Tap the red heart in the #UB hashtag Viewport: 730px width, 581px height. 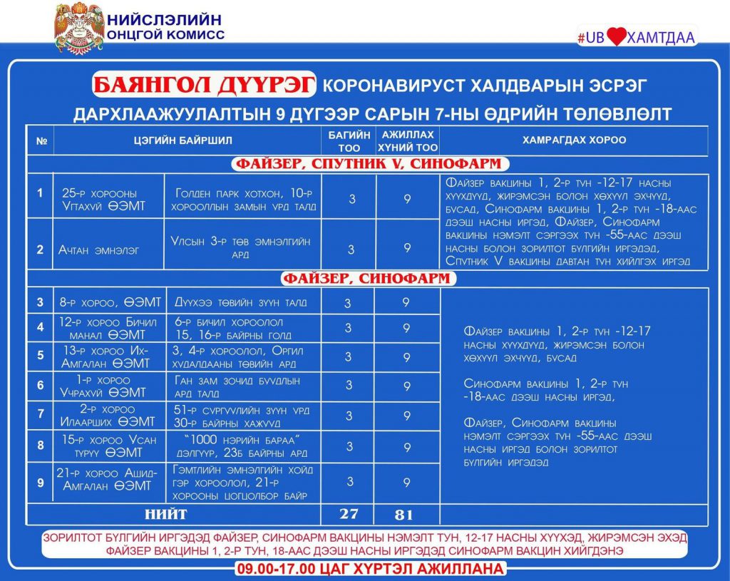click(616, 36)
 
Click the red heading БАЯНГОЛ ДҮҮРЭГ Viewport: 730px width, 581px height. click(204, 86)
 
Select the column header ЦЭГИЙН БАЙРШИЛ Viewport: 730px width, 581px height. click(187, 140)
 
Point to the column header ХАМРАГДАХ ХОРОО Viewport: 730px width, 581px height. click(574, 140)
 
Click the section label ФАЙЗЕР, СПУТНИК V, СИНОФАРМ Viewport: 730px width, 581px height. click(369, 164)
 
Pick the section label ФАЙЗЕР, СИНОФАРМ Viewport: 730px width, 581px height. click(369, 278)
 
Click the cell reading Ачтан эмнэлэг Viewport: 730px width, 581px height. click(99, 250)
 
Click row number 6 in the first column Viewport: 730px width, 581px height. click(40, 385)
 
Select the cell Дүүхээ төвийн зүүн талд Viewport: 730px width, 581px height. click(241, 303)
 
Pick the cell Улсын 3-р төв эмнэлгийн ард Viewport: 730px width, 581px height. click(242, 248)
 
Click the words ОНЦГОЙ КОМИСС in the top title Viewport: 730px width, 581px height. click(165, 34)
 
